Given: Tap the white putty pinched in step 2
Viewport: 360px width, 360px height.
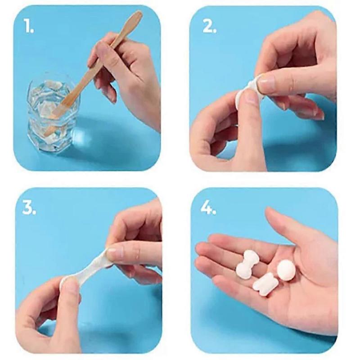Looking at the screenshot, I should click(x=245, y=92).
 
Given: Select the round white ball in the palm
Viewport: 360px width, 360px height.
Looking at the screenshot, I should click(x=286, y=270).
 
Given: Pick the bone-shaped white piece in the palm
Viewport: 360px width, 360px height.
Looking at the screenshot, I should click(x=247, y=264).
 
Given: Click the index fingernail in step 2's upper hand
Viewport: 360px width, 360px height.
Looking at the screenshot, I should click(x=266, y=84).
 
